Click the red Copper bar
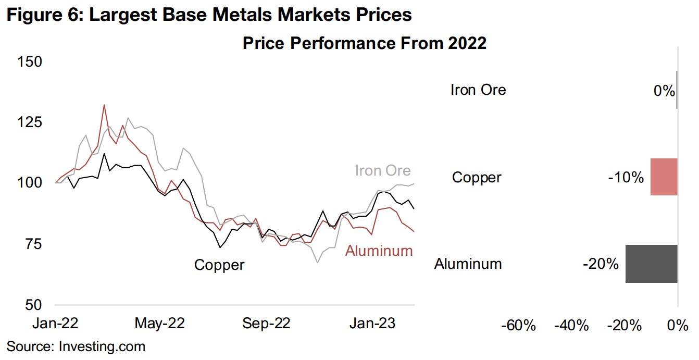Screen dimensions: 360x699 [x=664, y=177]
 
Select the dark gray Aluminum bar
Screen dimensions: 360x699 [x=651, y=264]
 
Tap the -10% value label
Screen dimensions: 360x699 [x=626, y=178]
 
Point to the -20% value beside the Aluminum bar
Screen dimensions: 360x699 [x=601, y=264]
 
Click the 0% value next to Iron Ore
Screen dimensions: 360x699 [x=664, y=91]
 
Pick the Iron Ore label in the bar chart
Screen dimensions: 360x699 [x=478, y=90]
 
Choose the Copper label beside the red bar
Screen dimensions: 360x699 [x=476, y=178]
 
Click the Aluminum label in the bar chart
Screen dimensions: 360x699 [x=468, y=264]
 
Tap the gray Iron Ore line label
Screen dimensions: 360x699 [x=383, y=170]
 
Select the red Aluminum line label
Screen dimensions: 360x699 [x=379, y=251]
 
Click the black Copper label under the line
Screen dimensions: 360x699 [x=219, y=265]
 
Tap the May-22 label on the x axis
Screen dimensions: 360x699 [x=159, y=324]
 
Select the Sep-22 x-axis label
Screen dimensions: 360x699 [x=266, y=324]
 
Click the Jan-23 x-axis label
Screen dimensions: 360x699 [x=372, y=324]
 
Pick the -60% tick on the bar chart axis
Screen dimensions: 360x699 [x=518, y=326]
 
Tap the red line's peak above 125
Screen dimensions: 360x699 [x=104, y=105]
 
